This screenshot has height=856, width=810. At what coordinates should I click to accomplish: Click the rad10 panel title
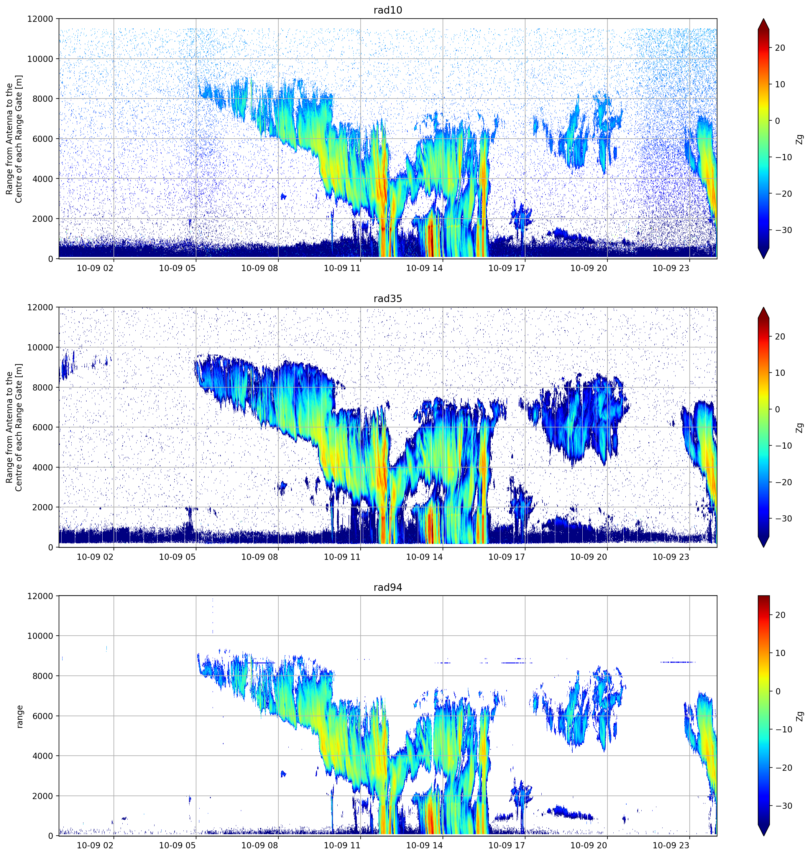(388, 10)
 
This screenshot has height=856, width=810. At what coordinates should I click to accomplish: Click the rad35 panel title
(388, 299)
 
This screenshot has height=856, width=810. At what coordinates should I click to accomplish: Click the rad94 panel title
(388, 587)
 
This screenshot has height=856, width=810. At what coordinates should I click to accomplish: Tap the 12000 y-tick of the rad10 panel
(40, 19)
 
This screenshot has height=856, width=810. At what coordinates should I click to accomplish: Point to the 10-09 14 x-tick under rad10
(424, 268)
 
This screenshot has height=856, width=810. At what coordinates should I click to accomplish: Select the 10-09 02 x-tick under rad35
(95, 557)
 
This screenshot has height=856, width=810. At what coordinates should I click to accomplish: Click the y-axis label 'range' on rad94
(19, 716)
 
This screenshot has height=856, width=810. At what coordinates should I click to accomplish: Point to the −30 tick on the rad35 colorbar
(782, 519)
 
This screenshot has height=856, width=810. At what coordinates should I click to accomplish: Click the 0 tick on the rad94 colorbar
(778, 691)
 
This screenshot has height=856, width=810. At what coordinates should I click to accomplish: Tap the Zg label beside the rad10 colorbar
(800, 139)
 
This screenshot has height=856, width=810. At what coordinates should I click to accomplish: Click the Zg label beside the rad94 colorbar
(800, 716)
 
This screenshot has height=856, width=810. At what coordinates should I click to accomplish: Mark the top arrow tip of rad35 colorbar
(763, 307)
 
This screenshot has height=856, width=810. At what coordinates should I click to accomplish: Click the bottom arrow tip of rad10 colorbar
(763, 259)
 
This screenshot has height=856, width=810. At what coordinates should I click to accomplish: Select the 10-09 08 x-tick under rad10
(259, 268)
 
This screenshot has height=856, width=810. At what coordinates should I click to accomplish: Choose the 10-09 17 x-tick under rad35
(507, 557)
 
